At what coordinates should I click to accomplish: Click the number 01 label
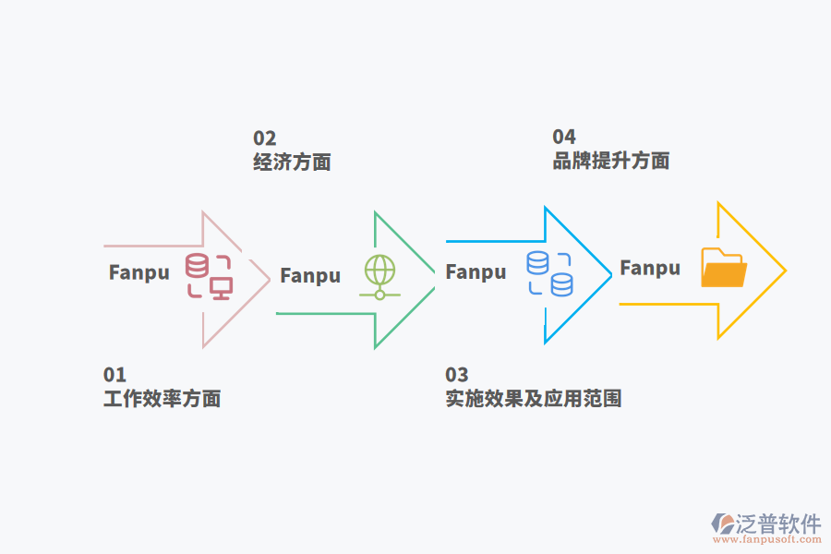pos(114,375)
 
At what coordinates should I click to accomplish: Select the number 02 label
pos(265,138)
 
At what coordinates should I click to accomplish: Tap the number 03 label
pos(457,375)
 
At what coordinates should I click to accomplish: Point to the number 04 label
pos(564,138)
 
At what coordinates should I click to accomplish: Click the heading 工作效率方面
pos(162,399)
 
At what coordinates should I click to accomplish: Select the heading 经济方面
pos(292,163)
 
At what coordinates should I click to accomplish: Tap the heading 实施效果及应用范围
pos(533,399)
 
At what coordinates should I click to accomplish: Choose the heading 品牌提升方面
pos(610,161)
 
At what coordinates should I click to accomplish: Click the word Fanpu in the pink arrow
pos(139,272)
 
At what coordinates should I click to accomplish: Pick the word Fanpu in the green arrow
pos(310,275)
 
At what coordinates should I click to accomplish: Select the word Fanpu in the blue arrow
pos(476,271)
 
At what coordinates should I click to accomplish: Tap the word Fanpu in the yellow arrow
pos(650,268)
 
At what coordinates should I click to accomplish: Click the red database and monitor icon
pos(209,275)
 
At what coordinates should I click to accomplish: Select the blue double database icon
pos(549,273)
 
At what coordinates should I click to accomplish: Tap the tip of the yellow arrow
pos(785,271)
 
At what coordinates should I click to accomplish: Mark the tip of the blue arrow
pos(611,274)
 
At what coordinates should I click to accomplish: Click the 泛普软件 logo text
pos(778,524)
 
